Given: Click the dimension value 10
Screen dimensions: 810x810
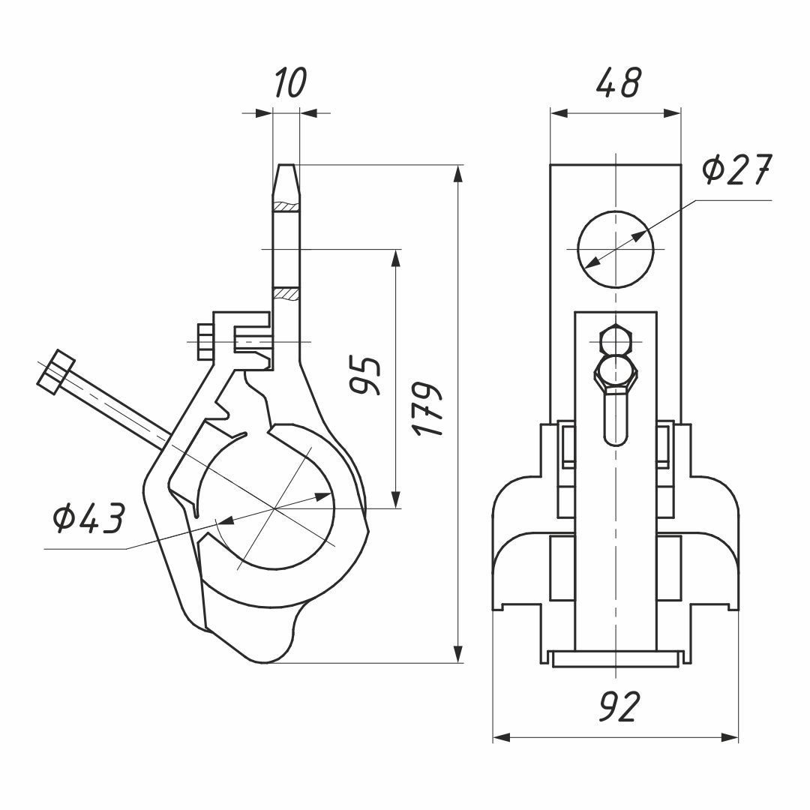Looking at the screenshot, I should click(289, 82).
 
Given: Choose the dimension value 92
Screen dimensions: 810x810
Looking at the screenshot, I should click(619, 706).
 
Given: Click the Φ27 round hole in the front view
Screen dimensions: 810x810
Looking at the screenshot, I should click(615, 249).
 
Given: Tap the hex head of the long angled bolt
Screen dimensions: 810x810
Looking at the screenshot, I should click(55, 372).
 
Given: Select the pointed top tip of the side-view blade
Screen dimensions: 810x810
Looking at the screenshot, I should click(286, 168).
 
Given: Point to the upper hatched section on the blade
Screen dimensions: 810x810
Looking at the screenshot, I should click(286, 206).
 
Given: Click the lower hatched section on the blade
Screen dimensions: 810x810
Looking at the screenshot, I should click(286, 292).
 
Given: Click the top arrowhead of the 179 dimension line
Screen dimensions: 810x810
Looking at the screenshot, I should click(458, 173).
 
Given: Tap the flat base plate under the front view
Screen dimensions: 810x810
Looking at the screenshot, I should click(616, 658).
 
